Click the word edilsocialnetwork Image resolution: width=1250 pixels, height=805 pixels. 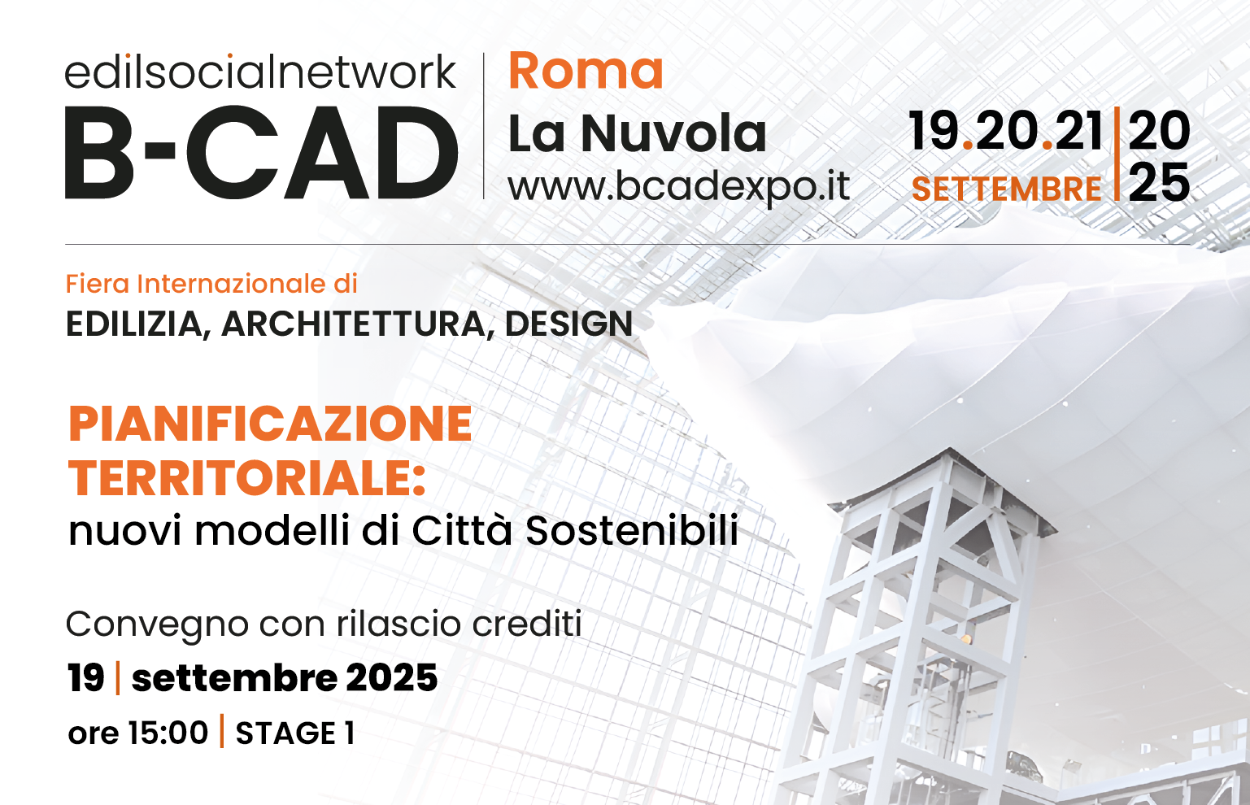[x=260, y=72]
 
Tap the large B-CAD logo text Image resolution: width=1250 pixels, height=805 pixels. [x=261, y=152]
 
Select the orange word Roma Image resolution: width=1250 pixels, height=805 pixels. [x=586, y=71]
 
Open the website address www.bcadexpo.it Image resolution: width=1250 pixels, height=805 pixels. [x=678, y=187]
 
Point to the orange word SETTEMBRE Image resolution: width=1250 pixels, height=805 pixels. [x=1006, y=189]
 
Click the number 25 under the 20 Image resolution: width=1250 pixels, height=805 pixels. [x=1159, y=182]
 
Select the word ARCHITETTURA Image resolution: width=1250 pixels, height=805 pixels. [x=353, y=324]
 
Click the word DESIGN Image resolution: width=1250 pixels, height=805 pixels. [x=568, y=324]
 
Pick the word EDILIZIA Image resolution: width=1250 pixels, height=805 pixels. [x=134, y=324]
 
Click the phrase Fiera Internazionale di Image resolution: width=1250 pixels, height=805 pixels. [x=211, y=284]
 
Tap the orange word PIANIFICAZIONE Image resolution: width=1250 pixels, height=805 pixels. [x=270, y=424]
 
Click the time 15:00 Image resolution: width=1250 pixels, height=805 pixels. [x=168, y=733]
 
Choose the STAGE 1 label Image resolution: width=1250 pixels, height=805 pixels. [x=295, y=733]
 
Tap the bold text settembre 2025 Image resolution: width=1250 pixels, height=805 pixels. [x=285, y=678]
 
